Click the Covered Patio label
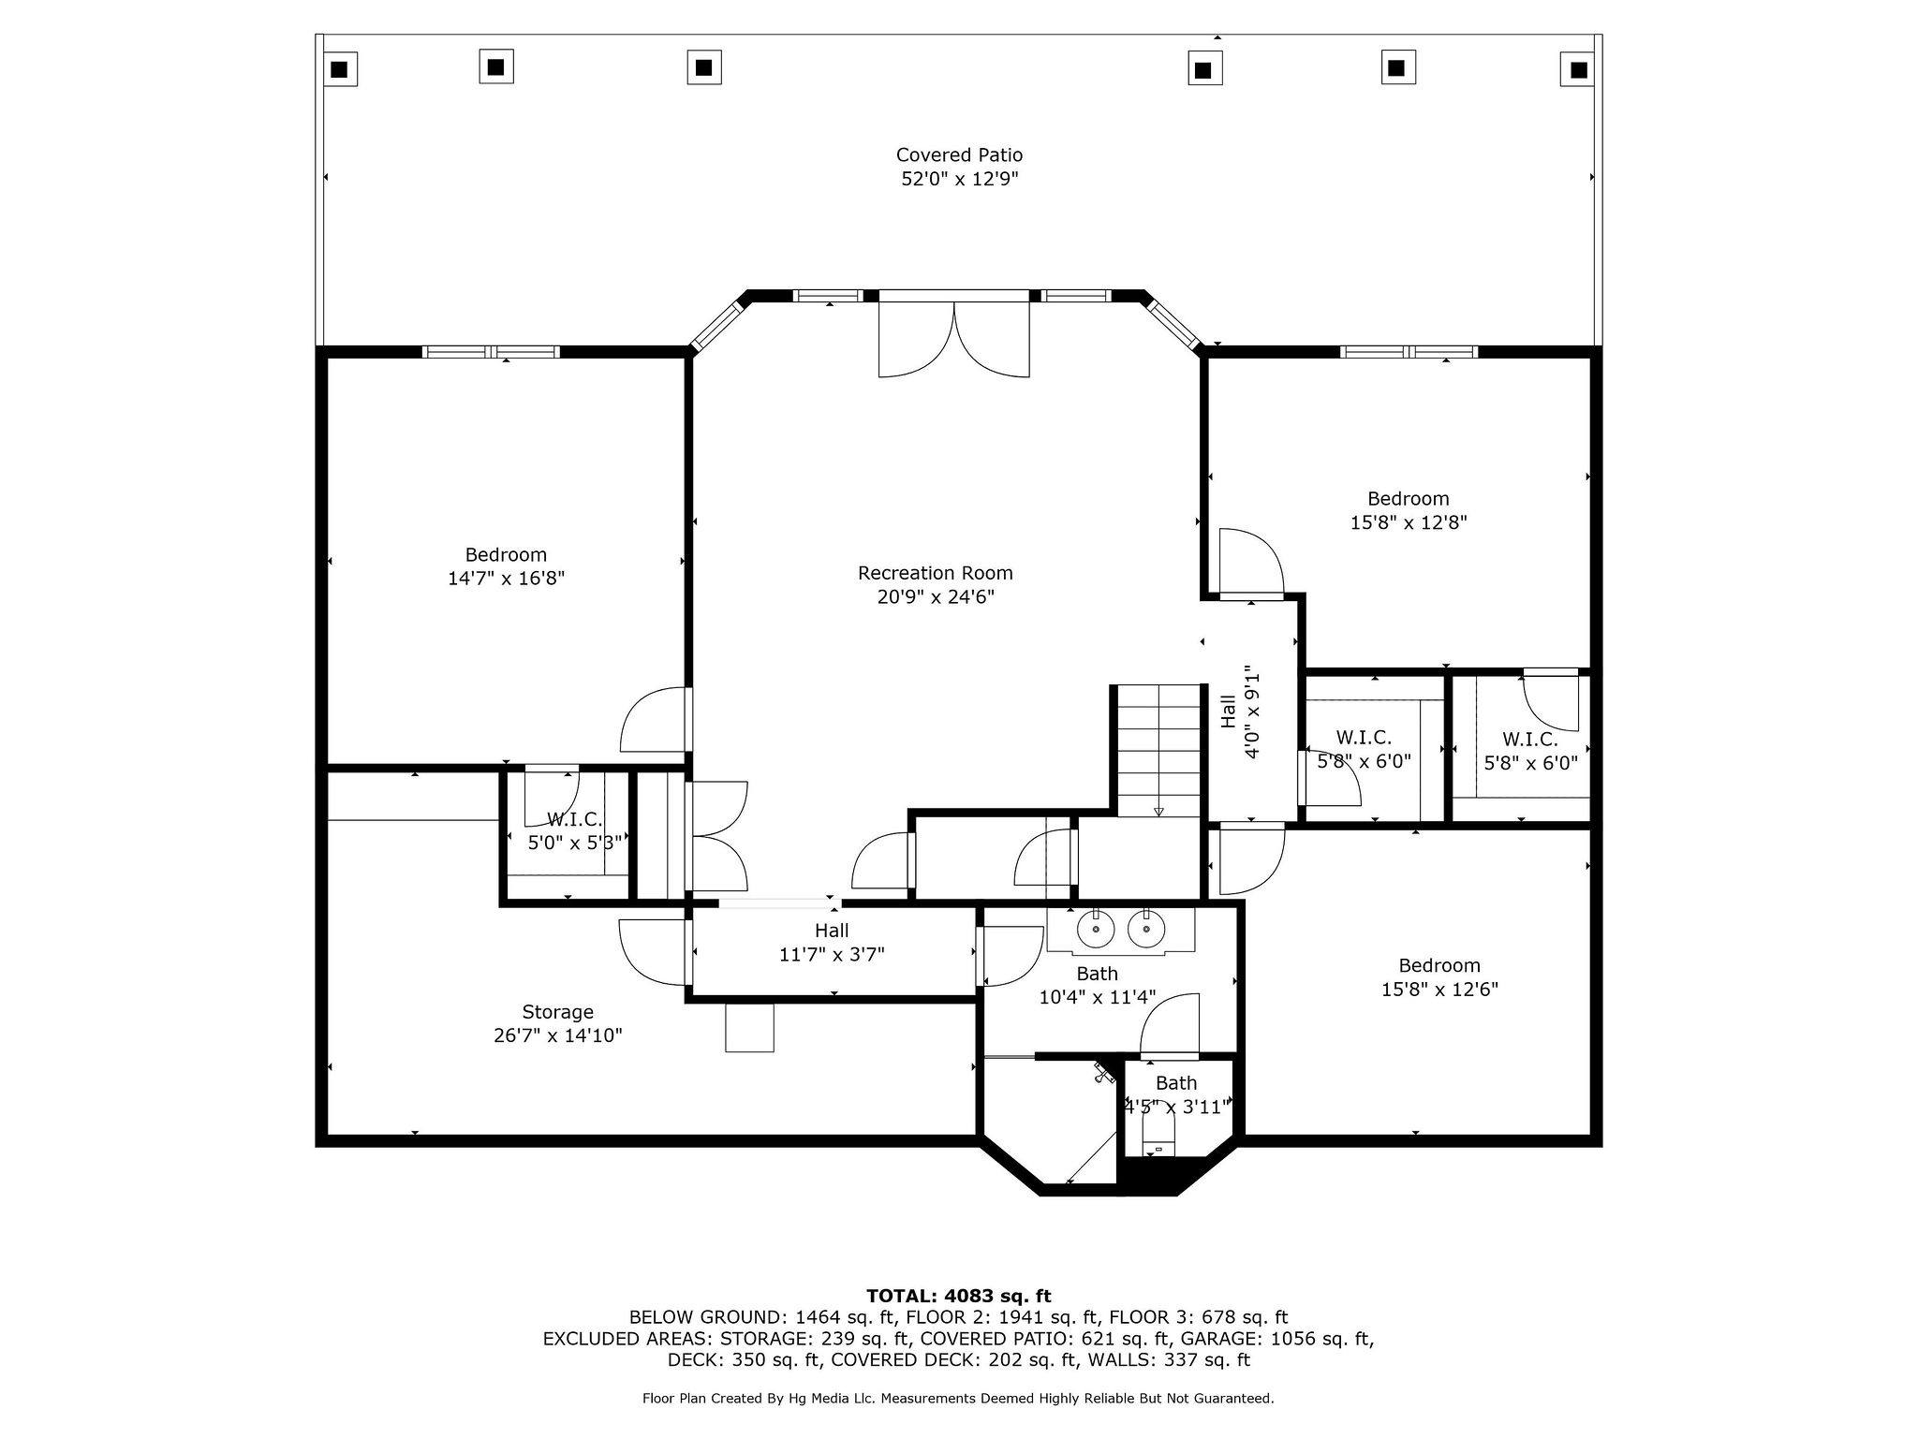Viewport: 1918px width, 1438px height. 959,155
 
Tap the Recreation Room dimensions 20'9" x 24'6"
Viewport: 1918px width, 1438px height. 936,597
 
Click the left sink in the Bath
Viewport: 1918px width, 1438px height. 1094,930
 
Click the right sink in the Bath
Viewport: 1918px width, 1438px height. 1144,930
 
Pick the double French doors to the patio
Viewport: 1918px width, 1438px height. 953,337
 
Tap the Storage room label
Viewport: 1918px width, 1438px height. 557,1012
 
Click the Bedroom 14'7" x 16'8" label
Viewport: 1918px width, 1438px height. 506,555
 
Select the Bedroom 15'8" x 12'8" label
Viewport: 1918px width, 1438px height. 1408,499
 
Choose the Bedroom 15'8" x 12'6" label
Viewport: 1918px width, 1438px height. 1439,965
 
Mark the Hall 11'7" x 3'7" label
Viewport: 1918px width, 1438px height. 832,931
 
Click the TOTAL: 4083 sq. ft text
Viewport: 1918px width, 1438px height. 958,1297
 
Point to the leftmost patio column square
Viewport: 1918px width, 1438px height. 341,68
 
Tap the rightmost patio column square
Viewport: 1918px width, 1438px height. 1578,69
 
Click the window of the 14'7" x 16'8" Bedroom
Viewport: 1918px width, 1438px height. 491,352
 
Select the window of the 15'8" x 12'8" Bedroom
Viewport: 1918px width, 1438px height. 1409,352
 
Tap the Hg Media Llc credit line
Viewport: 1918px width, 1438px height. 958,1399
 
